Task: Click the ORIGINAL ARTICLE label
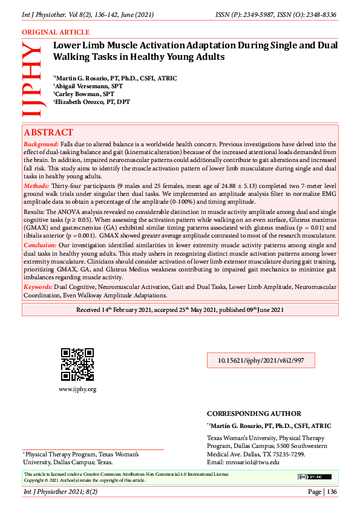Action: pyautogui.click(x=56, y=32)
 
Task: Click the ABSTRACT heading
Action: pyautogui.click(x=48, y=132)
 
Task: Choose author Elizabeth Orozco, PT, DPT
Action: pyautogui.click(x=92, y=102)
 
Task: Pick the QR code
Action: pyautogui.click(x=77, y=365)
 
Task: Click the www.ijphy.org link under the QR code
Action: pyautogui.click(x=77, y=389)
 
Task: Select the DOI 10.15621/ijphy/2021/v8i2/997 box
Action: pyautogui.click(x=256, y=360)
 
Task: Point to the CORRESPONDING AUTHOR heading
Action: pyautogui.click(x=254, y=413)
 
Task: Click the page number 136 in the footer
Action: pyautogui.click(x=331, y=491)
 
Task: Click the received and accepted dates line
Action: pyautogui.click(x=180, y=310)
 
